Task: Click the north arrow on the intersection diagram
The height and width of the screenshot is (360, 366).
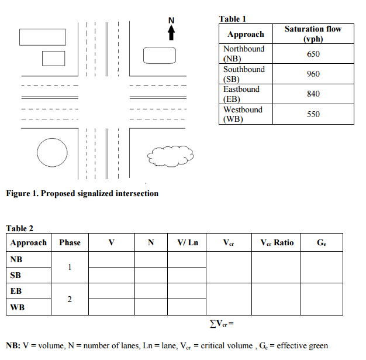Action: click(x=171, y=32)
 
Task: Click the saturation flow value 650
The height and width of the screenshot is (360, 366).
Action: click(x=313, y=54)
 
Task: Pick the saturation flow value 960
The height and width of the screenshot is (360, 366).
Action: click(x=313, y=74)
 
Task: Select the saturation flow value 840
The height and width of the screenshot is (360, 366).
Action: click(x=313, y=94)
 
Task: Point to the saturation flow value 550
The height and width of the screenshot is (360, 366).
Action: click(x=313, y=114)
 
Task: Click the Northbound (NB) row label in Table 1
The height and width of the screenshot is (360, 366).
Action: click(x=244, y=54)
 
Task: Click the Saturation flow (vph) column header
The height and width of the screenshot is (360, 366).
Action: click(x=313, y=34)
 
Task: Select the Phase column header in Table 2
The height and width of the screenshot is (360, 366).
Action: click(x=70, y=242)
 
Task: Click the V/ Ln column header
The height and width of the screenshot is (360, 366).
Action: click(x=188, y=242)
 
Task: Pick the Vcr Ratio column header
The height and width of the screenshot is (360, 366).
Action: click(x=277, y=242)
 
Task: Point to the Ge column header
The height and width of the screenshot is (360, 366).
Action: click(x=322, y=242)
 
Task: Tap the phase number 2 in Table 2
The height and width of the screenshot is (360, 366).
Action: click(x=70, y=300)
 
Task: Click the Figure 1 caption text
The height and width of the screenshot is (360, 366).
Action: click(x=82, y=193)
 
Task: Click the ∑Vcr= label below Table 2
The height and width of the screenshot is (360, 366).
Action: click(x=222, y=323)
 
